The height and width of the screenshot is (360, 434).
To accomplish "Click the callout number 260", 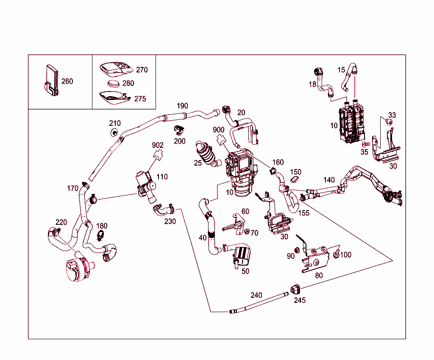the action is pyautogui.click(x=67, y=81).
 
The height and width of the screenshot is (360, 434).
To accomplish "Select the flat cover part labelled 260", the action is pyautogui.click(x=51, y=80).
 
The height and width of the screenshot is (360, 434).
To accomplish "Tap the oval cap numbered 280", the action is pyautogui.click(x=113, y=83).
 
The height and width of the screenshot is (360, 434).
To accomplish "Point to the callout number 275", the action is pyautogui.click(x=140, y=99).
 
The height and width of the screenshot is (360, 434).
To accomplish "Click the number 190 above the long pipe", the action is pyautogui.click(x=182, y=105).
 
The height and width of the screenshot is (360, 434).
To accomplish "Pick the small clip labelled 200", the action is pyautogui.click(x=179, y=130).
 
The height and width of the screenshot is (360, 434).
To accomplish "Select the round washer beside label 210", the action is pyautogui.click(x=114, y=133).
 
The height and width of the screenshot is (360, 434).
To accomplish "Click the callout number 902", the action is pyautogui.click(x=158, y=145).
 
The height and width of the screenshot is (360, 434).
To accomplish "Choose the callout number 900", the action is pyautogui.click(x=219, y=130).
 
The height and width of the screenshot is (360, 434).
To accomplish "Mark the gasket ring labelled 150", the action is pyautogui.click(x=295, y=180).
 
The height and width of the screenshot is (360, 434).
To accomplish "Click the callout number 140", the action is pyautogui.click(x=329, y=180).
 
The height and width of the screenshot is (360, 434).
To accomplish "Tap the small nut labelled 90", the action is pyautogui.click(x=297, y=250).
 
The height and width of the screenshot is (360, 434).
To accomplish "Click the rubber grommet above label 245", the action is pyautogui.click(x=295, y=289).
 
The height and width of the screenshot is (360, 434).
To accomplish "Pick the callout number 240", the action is pyautogui.click(x=256, y=295).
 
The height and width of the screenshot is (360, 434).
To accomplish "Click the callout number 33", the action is pyautogui.click(x=392, y=115).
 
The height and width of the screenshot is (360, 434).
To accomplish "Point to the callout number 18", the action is pyautogui.click(x=312, y=84).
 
